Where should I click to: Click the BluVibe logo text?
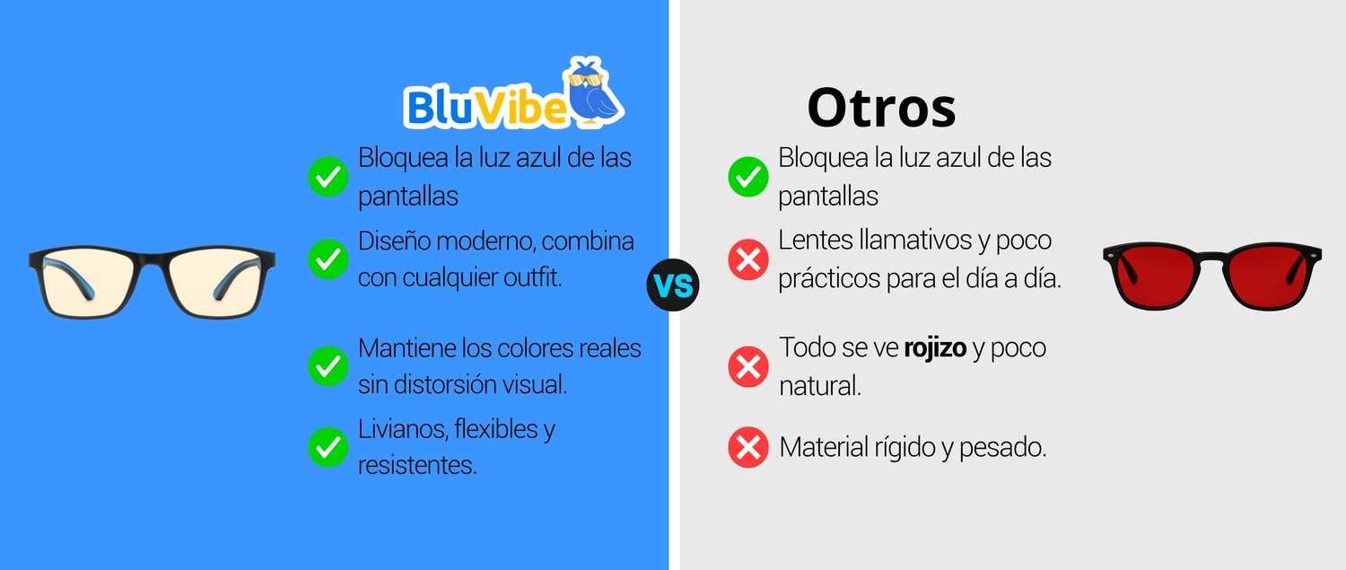coord(485,107)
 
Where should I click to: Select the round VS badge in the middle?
coord(673,285)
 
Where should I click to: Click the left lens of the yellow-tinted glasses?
coord(89,282)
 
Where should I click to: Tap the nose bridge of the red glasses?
coord(1211,258)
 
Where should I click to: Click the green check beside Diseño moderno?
coord(328,259)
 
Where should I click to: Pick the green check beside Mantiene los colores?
coord(328,366)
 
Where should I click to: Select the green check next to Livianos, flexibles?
coord(328,447)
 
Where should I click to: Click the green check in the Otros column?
coord(748,177)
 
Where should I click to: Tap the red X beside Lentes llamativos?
coord(748,259)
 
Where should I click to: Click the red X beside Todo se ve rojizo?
coord(748,366)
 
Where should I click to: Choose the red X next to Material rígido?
coord(748,447)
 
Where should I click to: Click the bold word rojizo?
coord(935,349)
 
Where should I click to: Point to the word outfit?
coord(532,277)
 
